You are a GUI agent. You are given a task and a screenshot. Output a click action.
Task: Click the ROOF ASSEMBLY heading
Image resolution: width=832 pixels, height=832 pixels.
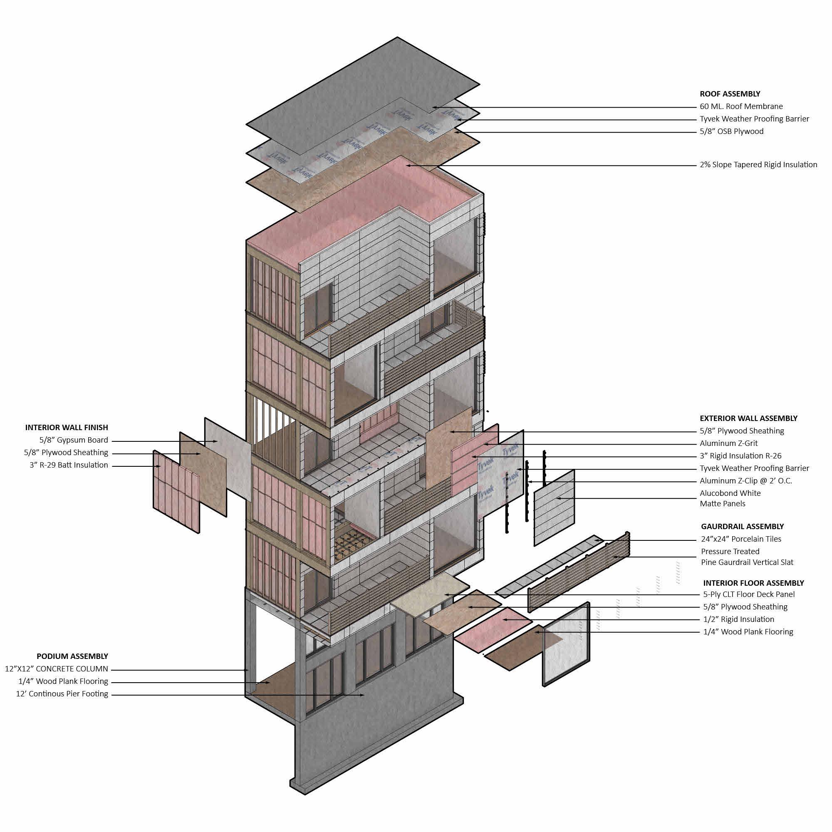click(730, 94)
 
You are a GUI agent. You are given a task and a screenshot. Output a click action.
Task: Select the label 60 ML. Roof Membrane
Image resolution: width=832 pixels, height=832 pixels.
click(741, 106)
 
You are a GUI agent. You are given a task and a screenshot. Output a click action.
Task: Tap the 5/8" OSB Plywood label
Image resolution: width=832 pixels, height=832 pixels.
click(731, 131)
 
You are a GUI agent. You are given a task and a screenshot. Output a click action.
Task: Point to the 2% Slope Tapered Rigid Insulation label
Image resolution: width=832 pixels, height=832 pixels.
click(758, 164)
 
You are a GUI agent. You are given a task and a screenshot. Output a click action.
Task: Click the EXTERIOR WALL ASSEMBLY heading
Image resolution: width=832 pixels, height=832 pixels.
click(748, 418)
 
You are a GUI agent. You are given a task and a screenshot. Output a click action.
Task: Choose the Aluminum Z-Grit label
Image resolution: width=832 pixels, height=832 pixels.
click(728, 443)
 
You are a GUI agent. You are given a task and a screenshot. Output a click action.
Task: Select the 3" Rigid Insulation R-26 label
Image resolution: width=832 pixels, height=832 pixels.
click(740, 456)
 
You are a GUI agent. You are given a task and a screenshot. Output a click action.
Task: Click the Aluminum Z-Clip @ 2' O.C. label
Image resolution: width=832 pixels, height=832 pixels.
click(745, 480)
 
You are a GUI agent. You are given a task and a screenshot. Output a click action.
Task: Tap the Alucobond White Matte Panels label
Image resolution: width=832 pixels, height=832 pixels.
click(730, 498)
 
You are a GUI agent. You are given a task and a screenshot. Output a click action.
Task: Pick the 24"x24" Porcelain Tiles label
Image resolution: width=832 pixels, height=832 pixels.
click(741, 539)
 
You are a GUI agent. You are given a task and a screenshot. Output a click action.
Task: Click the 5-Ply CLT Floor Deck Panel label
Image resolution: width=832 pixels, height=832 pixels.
click(748, 594)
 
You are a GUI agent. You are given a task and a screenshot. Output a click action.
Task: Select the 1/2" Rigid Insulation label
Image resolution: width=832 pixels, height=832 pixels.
click(738, 619)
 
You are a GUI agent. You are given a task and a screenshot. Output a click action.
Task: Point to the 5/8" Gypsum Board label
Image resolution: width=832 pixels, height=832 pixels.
click(74, 440)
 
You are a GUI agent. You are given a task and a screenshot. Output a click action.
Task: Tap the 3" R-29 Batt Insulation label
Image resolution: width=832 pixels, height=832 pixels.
click(69, 465)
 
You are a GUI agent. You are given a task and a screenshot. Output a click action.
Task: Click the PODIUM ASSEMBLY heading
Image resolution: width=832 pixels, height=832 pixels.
click(72, 656)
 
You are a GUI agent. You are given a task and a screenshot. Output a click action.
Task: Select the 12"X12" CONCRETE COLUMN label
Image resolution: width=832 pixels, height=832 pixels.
click(57, 669)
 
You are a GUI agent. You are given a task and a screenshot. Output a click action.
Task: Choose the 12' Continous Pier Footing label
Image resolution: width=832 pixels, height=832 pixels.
click(62, 694)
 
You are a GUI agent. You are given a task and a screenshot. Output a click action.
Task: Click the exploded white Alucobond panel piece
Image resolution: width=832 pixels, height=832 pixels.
click(554, 509)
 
